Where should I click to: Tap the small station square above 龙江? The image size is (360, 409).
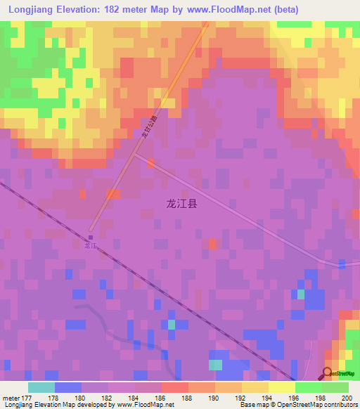pyautogui.click(x=90, y=237)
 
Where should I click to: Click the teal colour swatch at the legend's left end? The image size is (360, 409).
pyautogui.click(x=41, y=387)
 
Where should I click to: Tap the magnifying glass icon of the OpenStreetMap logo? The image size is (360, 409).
pyautogui.click(x=328, y=373)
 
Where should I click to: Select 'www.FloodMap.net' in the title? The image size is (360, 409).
pyautogui.click(x=229, y=10)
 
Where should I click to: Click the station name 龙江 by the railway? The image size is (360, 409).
pyautogui.click(x=89, y=247)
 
